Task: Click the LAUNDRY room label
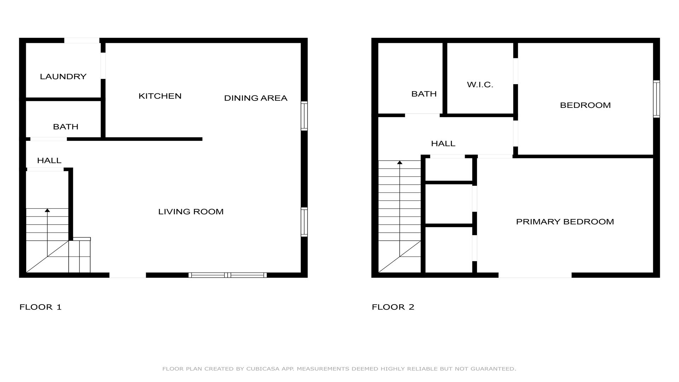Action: coord(63,76)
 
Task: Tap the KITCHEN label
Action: coord(160,96)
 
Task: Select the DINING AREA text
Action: coord(256,98)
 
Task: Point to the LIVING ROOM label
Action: coord(191,212)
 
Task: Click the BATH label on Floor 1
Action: coord(65,127)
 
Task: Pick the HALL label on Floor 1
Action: coord(49,161)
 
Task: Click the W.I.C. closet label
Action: coord(480,85)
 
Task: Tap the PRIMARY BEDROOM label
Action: coord(565,222)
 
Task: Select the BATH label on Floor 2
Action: coord(424,94)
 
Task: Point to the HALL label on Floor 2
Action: coord(443,144)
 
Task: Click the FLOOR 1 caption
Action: coord(41,307)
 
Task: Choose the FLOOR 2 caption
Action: coord(393,307)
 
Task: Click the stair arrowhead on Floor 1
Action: coord(47,210)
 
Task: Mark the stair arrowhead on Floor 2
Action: coord(400,163)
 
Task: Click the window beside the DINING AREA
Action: coord(304,116)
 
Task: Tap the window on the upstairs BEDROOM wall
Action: coord(656,99)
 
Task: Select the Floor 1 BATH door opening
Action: coord(48,139)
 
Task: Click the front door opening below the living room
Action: coord(128,275)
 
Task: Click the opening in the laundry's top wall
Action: coord(82,41)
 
